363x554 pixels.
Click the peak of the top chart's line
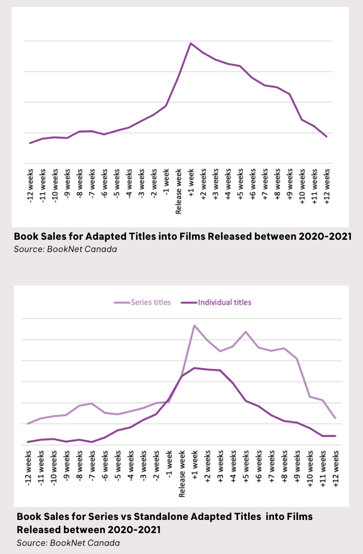click(x=191, y=43)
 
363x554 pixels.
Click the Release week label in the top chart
click(x=178, y=191)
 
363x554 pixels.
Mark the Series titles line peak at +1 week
click(x=194, y=325)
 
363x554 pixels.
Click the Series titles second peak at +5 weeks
click(x=246, y=331)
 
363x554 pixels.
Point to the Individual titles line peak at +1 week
click(x=194, y=368)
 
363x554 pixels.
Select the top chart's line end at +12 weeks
click(x=326, y=137)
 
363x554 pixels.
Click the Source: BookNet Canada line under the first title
click(x=65, y=249)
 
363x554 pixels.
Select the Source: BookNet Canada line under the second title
click(x=69, y=543)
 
